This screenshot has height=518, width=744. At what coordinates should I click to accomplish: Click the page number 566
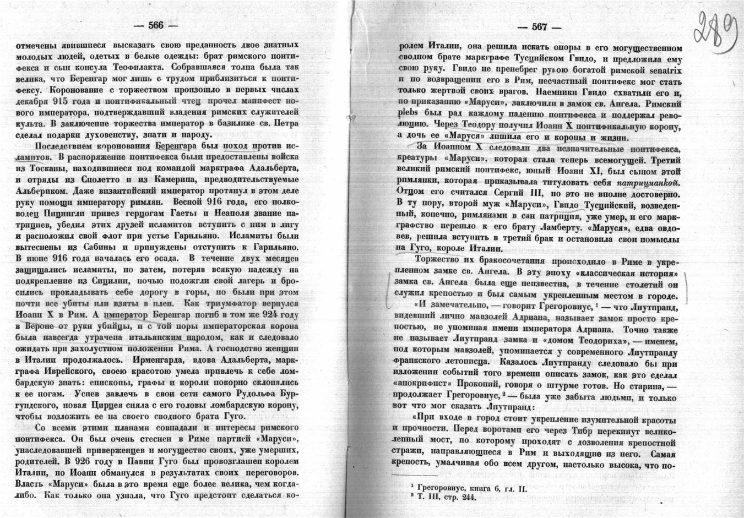point(156,26)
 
